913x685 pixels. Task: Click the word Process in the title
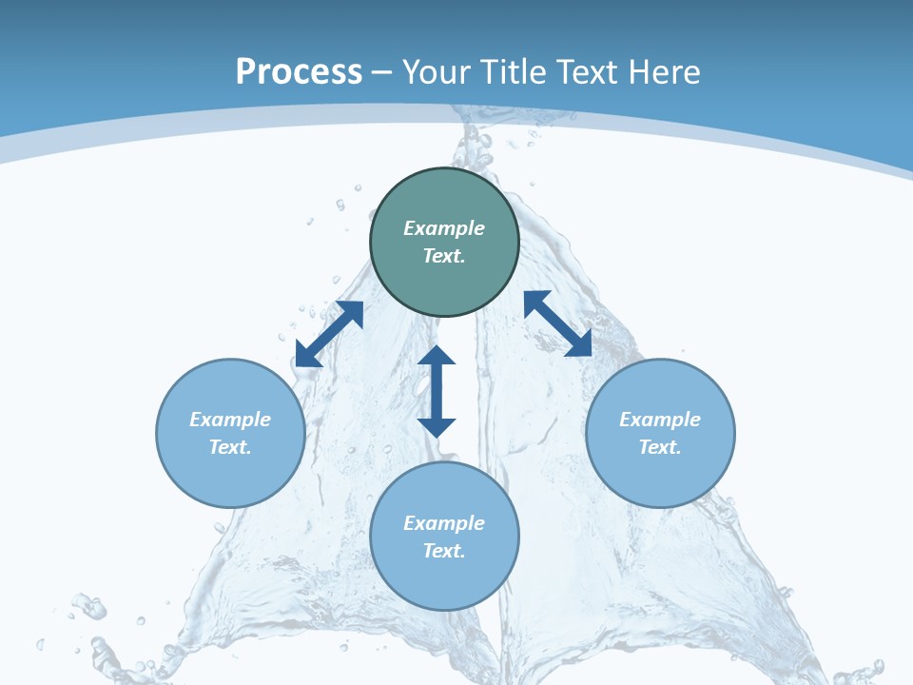pyautogui.click(x=299, y=72)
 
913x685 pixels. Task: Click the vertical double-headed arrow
pyautogui.click(x=437, y=391)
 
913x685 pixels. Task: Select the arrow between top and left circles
pyautogui.click(x=329, y=334)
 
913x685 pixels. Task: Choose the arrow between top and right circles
pyautogui.click(x=558, y=323)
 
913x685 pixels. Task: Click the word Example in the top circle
pyautogui.click(x=444, y=228)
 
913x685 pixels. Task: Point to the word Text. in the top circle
pyautogui.click(x=444, y=256)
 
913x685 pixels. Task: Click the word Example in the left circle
pyautogui.click(x=230, y=420)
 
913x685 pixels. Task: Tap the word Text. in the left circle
pyautogui.click(x=230, y=447)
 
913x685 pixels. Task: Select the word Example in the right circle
pyautogui.click(x=660, y=420)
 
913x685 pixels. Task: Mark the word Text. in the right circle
pyautogui.click(x=660, y=447)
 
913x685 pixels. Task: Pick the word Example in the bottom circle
pyautogui.click(x=444, y=523)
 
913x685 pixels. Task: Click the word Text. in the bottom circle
pyautogui.click(x=444, y=551)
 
